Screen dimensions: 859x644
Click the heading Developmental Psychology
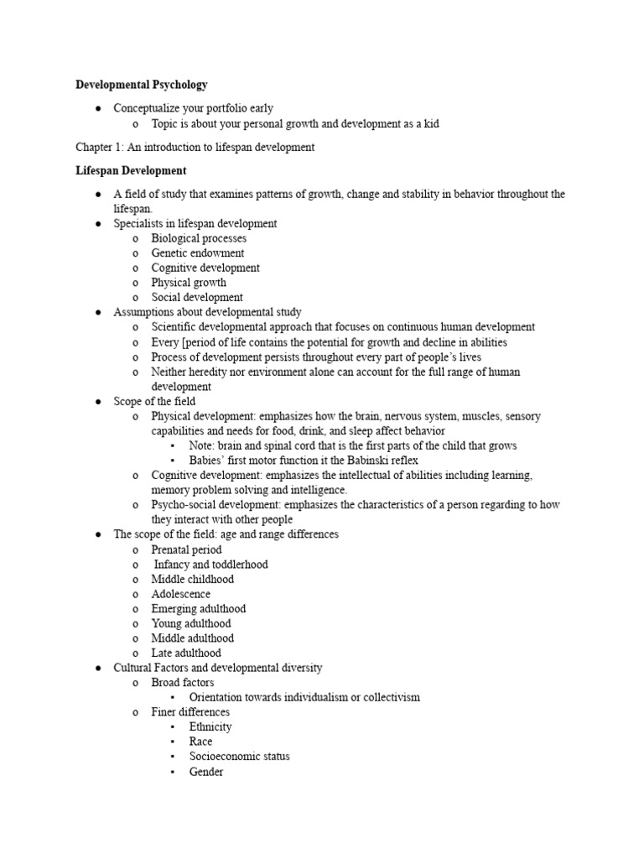point(142,85)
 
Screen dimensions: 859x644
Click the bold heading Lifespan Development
point(131,171)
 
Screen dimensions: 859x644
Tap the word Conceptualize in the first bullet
point(147,108)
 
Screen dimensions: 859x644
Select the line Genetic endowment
point(198,253)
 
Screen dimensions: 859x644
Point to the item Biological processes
point(199,238)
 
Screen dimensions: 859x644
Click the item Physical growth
point(189,283)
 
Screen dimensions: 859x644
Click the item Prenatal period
point(186,549)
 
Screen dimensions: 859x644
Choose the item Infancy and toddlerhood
point(210,565)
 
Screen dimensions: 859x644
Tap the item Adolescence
point(181,594)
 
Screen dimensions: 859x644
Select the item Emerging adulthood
point(199,609)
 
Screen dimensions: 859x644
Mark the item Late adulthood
point(186,653)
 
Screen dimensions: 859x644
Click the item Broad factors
point(183,683)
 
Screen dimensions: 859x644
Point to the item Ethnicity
point(210,726)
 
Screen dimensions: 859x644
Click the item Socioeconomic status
point(240,756)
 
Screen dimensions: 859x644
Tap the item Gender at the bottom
point(206,771)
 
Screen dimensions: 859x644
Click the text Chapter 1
point(99,148)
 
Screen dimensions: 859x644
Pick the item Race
point(201,742)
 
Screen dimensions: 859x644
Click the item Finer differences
point(190,712)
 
